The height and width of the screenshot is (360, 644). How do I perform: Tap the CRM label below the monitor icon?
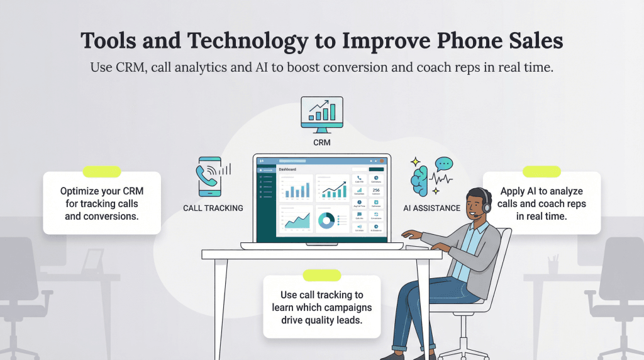[321, 143]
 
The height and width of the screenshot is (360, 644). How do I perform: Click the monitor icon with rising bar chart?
[321, 114]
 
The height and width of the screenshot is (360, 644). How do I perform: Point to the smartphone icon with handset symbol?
[209, 177]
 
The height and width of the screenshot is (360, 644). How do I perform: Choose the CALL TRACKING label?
[213, 208]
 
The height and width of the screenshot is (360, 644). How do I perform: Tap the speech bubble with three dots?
[444, 164]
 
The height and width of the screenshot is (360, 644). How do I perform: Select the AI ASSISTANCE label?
[431, 208]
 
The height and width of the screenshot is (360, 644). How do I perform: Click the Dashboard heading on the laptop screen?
[287, 169]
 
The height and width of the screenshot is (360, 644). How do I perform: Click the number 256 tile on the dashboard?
[376, 191]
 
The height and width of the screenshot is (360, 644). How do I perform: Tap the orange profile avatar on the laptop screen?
[381, 161]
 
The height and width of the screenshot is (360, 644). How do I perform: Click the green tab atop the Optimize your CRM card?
[102, 171]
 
